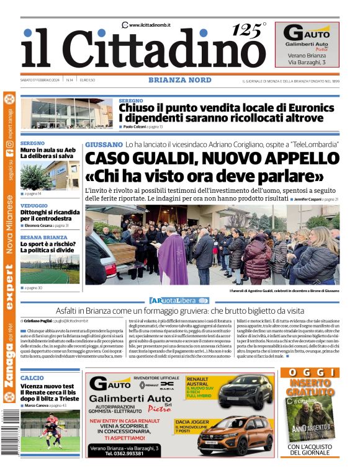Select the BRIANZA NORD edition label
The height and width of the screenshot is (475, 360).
tap(179, 80)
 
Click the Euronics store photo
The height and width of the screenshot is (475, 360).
tap(66, 113)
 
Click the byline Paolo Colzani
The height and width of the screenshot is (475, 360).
tap(135, 127)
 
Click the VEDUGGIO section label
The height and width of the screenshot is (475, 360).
tap(34, 205)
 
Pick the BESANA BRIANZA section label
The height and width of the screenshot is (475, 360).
tap(43, 238)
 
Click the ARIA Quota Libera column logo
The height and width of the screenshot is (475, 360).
tap(179, 300)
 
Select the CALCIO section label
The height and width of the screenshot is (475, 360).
tap(32, 378)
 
